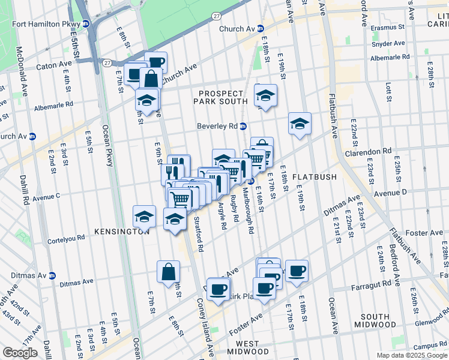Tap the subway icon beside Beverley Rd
coord(244,126)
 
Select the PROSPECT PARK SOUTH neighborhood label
coord(221,98)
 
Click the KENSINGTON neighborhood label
coord(121,232)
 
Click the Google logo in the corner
coord(20,353)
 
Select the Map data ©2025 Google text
coord(411,355)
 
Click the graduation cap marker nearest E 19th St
coord(300,124)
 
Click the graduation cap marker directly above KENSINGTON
coord(145,216)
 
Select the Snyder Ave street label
coord(388,43)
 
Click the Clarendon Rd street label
coord(368,152)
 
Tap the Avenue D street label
coord(391,192)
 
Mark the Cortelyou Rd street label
coord(70,241)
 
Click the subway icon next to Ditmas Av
coord(52,276)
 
